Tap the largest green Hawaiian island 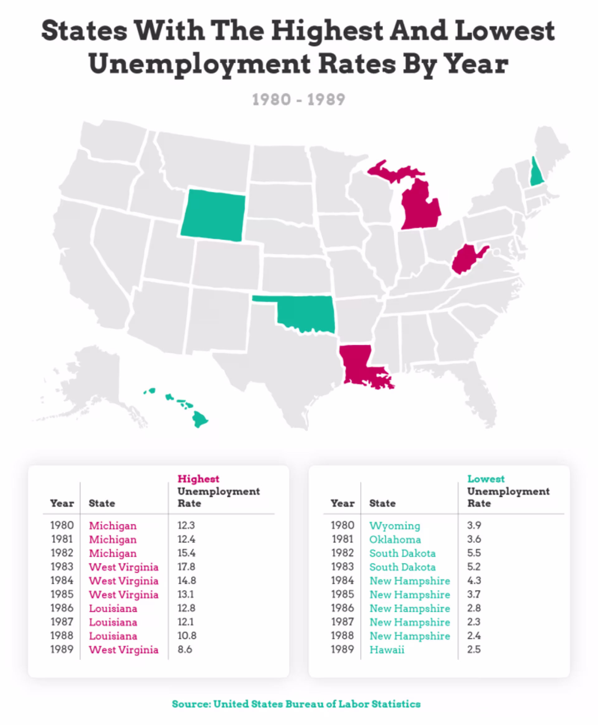[x=199, y=419]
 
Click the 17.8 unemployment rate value [x=186, y=567]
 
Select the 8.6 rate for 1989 [x=185, y=649]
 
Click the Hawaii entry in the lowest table [x=387, y=650]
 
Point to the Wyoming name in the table [x=394, y=526]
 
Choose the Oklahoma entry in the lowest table [x=395, y=540]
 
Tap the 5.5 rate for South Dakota [x=474, y=553]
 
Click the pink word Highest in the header [x=198, y=479]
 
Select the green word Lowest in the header [x=486, y=479]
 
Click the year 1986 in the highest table [x=62, y=608]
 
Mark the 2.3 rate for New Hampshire [x=474, y=622]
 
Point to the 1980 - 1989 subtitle [x=298, y=100]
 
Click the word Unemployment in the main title [x=200, y=65]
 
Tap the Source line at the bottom [x=296, y=704]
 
